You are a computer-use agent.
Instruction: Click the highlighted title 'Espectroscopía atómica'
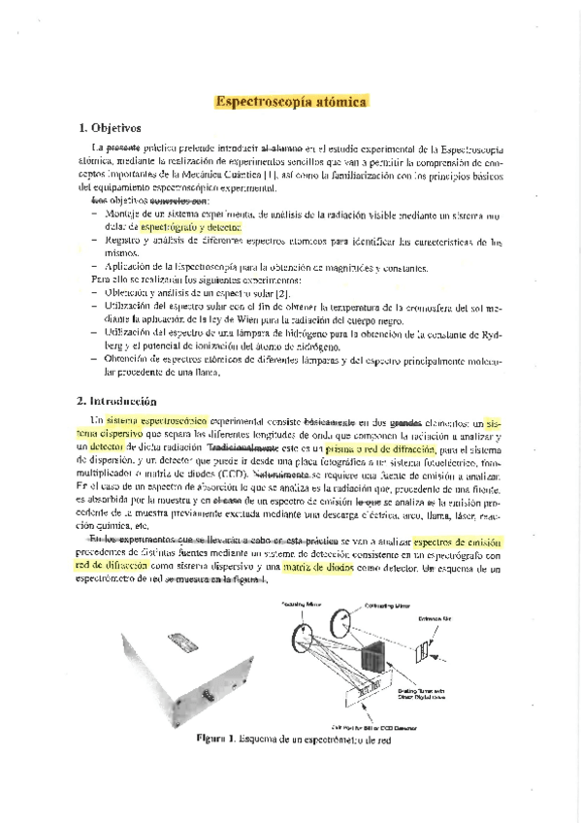point(291,100)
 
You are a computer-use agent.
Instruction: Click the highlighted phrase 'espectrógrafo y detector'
point(195,225)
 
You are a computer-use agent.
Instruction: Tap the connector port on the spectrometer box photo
point(207,693)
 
